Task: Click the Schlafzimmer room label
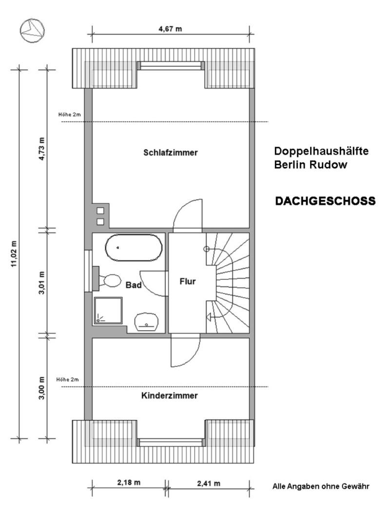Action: coord(170,153)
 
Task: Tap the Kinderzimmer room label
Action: coord(169,396)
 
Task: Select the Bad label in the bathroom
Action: coord(134,285)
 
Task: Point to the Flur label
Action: coord(187,281)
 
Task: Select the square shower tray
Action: coord(108,310)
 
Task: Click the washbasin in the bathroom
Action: coord(146,322)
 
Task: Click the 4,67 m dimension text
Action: coord(170,29)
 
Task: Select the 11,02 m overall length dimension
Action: coord(14,254)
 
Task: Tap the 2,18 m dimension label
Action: coord(129,482)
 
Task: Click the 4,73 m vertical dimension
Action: coord(42,149)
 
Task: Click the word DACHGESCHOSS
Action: coord(326,201)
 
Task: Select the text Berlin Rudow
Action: coord(311,165)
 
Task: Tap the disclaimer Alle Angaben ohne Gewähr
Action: coord(321,486)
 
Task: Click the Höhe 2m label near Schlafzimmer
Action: coord(70,115)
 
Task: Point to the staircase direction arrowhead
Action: coord(209,317)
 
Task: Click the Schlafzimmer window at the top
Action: coord(171,65)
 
